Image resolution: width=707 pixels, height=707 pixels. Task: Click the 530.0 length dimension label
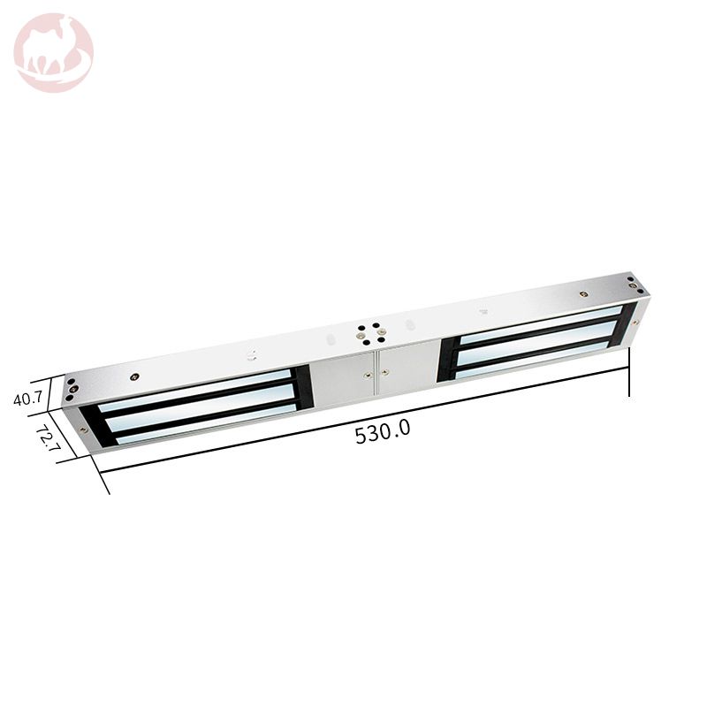[x=383, y=431]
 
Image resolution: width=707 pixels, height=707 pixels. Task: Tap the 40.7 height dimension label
[x=28, y=399]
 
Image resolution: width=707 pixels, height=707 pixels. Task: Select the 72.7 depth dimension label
[x=48, y=437]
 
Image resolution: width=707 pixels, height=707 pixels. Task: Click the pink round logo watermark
[x=54, y=53]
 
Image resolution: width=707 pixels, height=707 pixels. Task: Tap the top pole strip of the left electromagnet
[x=194, y=390]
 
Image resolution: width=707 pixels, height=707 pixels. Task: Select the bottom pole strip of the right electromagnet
[x=532, y=360]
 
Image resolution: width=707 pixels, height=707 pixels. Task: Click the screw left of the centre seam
[x=369, y=375]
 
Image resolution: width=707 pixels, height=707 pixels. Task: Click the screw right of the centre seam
[x=384, y=372]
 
